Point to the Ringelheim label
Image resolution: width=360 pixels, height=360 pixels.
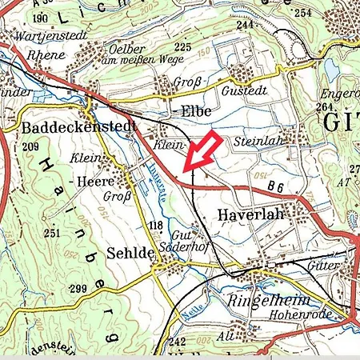[265, 302]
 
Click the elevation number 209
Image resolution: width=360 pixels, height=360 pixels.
[31, 146]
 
